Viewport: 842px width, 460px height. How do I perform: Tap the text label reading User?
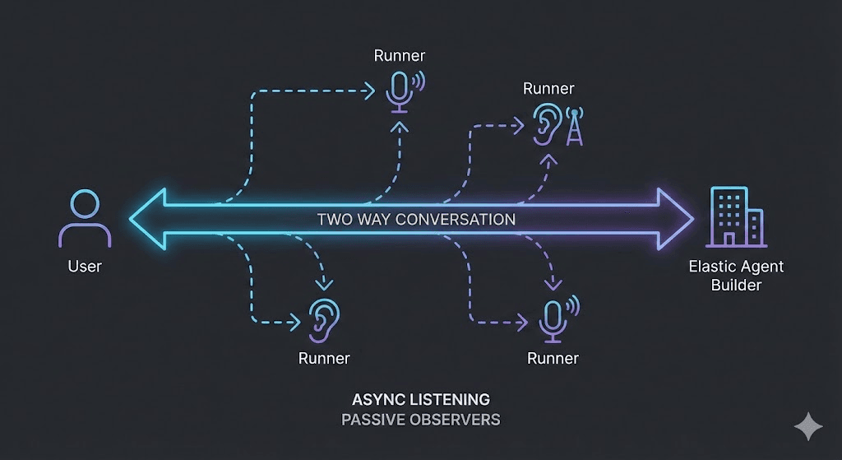[85, 266]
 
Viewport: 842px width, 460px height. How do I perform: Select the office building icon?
[736, 217]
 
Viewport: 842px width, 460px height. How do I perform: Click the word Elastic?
[710, 266]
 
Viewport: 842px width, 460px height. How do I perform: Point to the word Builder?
[736, 285]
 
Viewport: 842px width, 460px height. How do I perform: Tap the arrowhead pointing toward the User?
[147, 219]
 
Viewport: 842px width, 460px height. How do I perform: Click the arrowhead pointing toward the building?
[676, 219]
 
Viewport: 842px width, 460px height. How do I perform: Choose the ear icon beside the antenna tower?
[547, 125]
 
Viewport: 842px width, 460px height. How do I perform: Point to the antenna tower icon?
[575, 127]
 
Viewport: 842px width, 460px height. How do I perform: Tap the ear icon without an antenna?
[324, 320]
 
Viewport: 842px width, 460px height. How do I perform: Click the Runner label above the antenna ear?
[548, 88]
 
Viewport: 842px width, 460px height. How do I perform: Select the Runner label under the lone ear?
[324, 358]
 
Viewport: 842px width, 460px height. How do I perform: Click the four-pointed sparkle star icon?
[808, 427]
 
